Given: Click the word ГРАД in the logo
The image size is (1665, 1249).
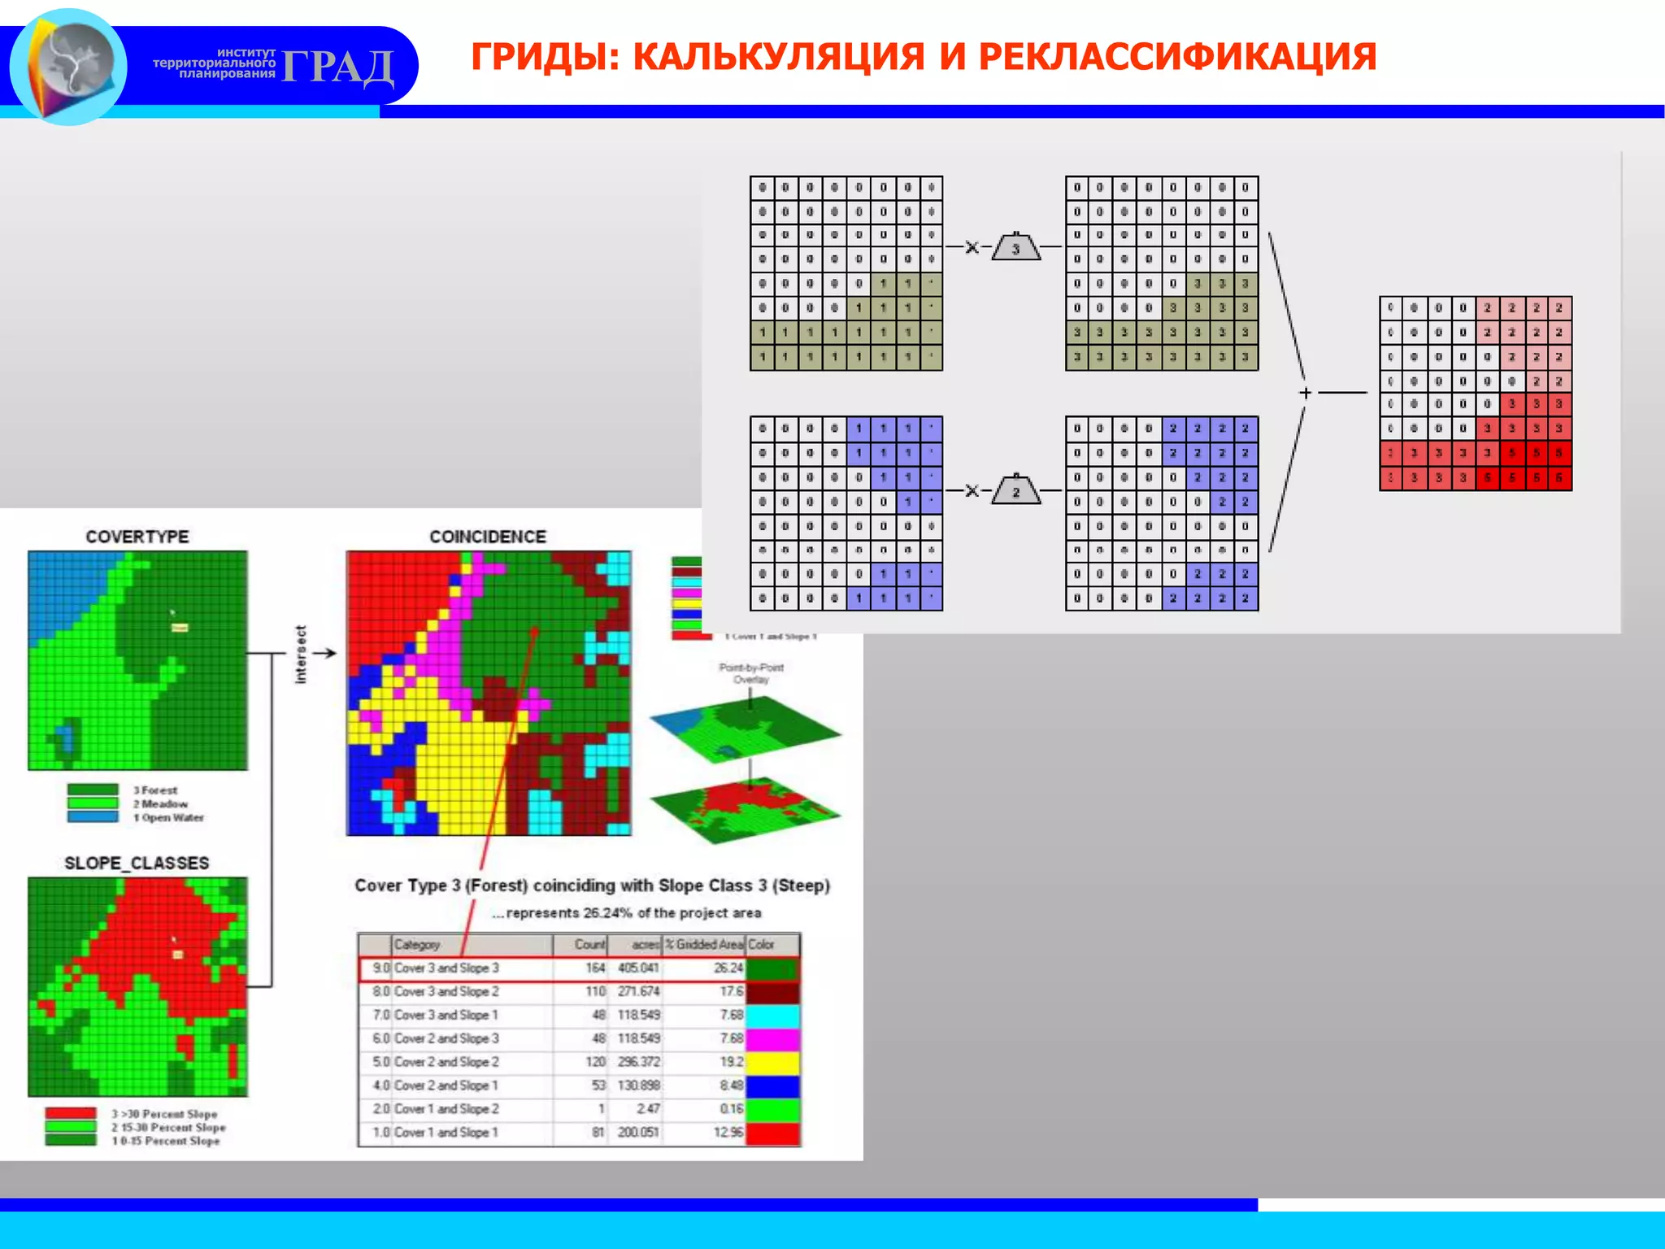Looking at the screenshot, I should (x=337, y=67).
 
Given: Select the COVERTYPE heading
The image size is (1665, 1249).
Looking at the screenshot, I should (x=137, y=537).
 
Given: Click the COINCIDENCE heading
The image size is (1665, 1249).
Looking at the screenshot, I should (x=488, y=537).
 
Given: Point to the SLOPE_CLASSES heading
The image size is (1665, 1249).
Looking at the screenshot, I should (x=137, y=863).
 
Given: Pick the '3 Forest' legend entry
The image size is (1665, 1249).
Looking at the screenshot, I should (x=155, y=790).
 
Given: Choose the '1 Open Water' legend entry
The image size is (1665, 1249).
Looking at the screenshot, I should (x=169, y=818).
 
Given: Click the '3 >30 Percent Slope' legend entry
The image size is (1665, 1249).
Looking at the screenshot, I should (x=164, y=1114).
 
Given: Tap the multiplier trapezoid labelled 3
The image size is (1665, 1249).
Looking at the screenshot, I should (x=1016, y=247).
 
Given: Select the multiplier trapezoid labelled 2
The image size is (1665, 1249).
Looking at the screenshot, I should (x=1016, y=491).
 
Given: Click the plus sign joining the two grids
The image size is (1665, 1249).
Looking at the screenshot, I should (x=1306, y=393).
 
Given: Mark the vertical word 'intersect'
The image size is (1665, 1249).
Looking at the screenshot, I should (x=301, y=655).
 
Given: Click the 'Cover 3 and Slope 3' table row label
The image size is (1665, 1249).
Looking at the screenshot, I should (x=446, y=968).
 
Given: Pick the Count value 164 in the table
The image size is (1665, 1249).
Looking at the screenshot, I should (x=596, y=968).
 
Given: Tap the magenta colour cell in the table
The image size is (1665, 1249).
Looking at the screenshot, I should (x=772, y=1038).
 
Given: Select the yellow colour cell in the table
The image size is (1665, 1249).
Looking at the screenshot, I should (x=772, y=1062).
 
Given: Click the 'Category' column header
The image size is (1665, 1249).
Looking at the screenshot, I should (x=417, y=945).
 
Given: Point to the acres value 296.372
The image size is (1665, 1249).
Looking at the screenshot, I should (x=639, y=1062).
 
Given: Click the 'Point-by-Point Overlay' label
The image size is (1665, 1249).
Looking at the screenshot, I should (x=751, y=673).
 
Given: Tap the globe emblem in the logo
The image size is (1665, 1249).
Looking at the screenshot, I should (x=68, y=65).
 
